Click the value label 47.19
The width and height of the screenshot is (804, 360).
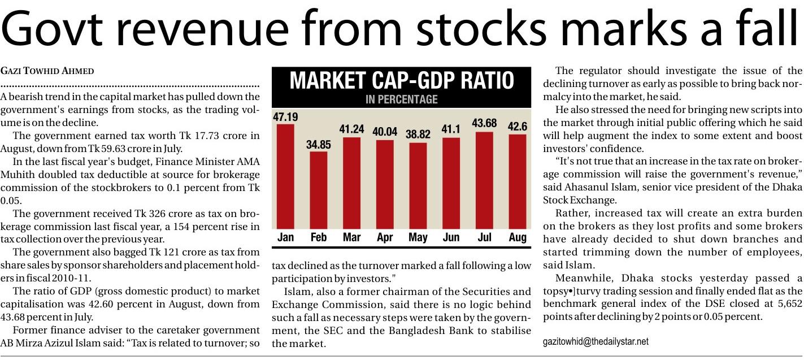pyautogui.click(x=285, y=118)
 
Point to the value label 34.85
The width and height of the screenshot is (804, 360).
pyautogui.click(x=319, y=145)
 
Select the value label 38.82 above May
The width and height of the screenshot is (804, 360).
pyautogui.click(x=418, y=135)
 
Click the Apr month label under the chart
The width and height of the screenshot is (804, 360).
pyautogui.click(x=385, y=237)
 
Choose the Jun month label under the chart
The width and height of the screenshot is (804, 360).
pyautogui.click(x=451, y=237)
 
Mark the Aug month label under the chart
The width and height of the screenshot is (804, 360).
pyautogui.click(x=517, y=237)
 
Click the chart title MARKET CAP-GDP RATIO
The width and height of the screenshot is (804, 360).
pyautogui.click(x=402, y=81)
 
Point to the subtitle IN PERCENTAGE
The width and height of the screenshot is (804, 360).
pyautogui.click(x=402, y=99)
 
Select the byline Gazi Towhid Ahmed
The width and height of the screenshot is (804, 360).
pyautogui.click(x=47, y=71)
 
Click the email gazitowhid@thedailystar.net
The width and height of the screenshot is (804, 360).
pyautogui.click(x=596, y=342)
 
